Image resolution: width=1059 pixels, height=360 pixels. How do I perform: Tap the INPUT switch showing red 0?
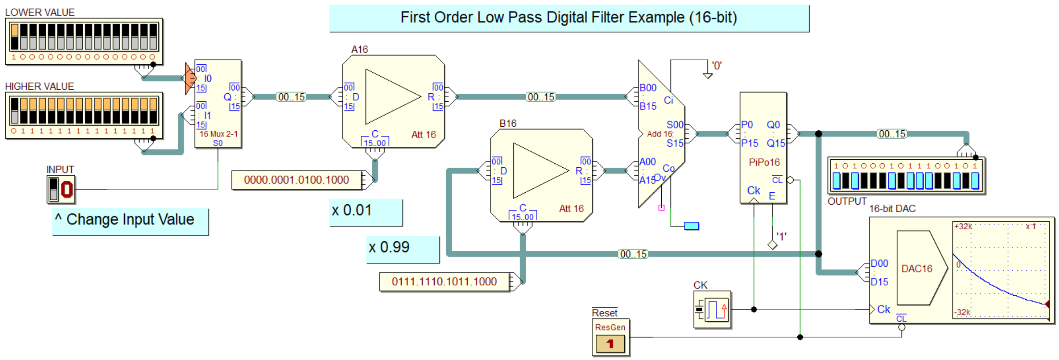[x=61, y=189]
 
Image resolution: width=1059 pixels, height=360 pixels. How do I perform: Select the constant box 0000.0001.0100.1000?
[x=297, y=180]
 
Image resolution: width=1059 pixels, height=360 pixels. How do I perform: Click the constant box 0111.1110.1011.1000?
[x=445, y=282]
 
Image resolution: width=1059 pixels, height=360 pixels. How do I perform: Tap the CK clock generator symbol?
[x=712, y=309]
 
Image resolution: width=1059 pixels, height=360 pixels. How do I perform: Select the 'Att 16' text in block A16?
[x=423, y=135]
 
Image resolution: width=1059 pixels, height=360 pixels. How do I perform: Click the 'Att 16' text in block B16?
[x=571, y=209]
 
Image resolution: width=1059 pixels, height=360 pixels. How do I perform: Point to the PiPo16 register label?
[x=764, y=162]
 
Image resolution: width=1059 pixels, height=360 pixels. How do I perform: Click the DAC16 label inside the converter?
[x=917, y=268]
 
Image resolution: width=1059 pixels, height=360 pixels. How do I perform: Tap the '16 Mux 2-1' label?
[x=219, y=134]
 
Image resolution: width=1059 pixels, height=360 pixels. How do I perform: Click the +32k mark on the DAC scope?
[x=963, y=227]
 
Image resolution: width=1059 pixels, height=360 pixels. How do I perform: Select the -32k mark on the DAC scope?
[x=963, y=312]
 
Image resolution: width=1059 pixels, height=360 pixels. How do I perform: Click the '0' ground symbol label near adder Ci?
[x=717, y=66]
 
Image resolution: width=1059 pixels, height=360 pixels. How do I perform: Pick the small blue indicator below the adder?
[x=692, y=226]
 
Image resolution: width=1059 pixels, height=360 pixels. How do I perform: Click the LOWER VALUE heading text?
[x=40, y=12]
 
